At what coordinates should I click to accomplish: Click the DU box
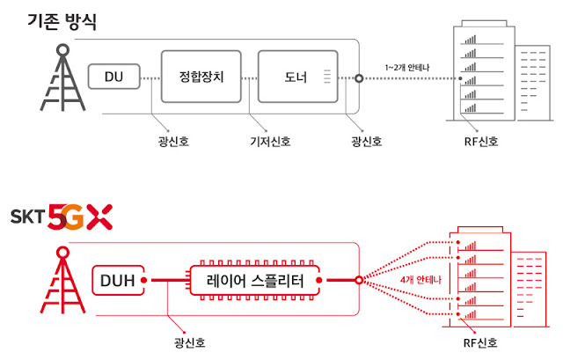coord(113,77)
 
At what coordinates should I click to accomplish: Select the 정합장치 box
coord(201,77)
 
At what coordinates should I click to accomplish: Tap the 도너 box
coord(297,77)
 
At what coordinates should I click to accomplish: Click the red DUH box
coord(118,280)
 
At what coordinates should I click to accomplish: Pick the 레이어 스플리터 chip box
coord(254,280)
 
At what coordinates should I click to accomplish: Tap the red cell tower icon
coord(62,280)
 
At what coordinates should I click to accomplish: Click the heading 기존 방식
coord(62,21)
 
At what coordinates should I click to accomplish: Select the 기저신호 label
coord(270,141)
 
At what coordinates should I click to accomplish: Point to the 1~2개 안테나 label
coord(407,68)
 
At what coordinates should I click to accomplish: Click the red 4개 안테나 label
coord(420,280)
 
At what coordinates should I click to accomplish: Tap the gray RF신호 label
coord(481,141)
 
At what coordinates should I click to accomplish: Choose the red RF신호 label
coord(480,342)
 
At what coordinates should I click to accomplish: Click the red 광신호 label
coord(190,342)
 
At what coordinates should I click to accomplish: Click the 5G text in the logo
coord(66,217)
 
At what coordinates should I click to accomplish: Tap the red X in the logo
coord(99,217)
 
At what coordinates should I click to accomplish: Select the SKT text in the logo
coord(27,217)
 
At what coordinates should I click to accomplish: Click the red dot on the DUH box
coord(143,280)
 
